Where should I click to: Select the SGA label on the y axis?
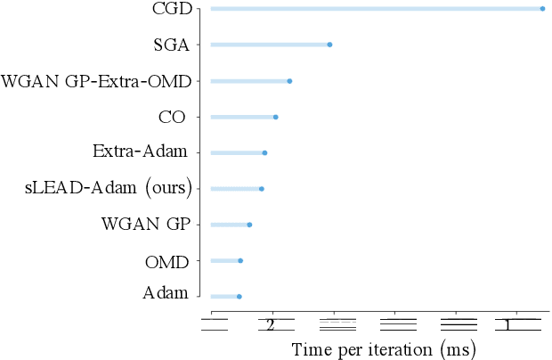pos(171,45)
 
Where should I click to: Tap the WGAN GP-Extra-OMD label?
pos(96,82)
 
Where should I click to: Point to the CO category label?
pos(171,117)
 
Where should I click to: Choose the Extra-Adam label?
pos(140,151)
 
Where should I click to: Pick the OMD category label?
pos(166,262)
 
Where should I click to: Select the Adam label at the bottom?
pos(166,294)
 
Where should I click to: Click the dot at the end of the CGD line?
pos(542,9)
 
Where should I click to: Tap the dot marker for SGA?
pos(329,45)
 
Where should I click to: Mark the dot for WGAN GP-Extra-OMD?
pos(289,81)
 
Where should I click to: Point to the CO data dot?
pos(275,117)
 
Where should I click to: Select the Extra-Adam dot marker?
pos(264,153)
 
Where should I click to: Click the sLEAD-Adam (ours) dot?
pos(261,189)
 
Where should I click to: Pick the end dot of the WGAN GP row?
pos(249,225)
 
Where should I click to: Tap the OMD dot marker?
pos(240,260)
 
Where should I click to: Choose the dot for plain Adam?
pos(239,296)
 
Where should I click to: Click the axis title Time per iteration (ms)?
pos(384,348)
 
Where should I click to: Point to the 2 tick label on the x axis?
pos(271,325)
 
